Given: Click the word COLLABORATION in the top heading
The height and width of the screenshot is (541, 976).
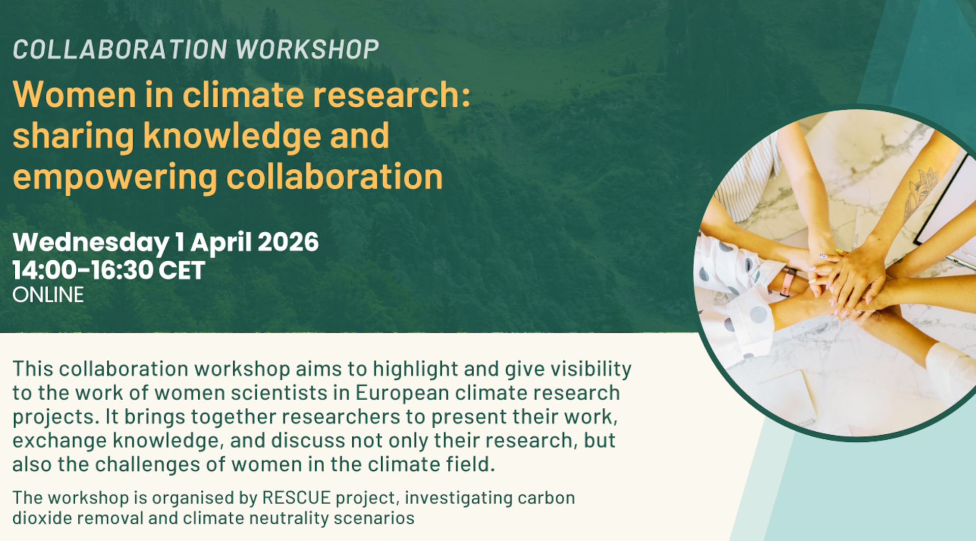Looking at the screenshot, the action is [120, 49].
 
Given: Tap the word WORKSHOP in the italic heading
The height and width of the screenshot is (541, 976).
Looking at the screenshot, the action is [308, 49].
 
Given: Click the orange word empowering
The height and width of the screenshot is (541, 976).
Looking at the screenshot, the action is [115, 178].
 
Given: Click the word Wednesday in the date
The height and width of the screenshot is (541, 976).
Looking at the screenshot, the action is [91, 243].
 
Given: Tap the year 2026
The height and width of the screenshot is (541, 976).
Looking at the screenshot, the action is [288, 242].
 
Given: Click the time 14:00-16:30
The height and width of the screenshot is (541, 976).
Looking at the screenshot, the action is [81, 270].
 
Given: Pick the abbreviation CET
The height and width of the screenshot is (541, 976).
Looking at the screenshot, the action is [181, 270].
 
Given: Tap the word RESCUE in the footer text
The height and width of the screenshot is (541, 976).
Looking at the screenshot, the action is [296, 498].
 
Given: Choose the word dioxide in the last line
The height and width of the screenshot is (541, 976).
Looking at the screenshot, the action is [42, 518].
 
